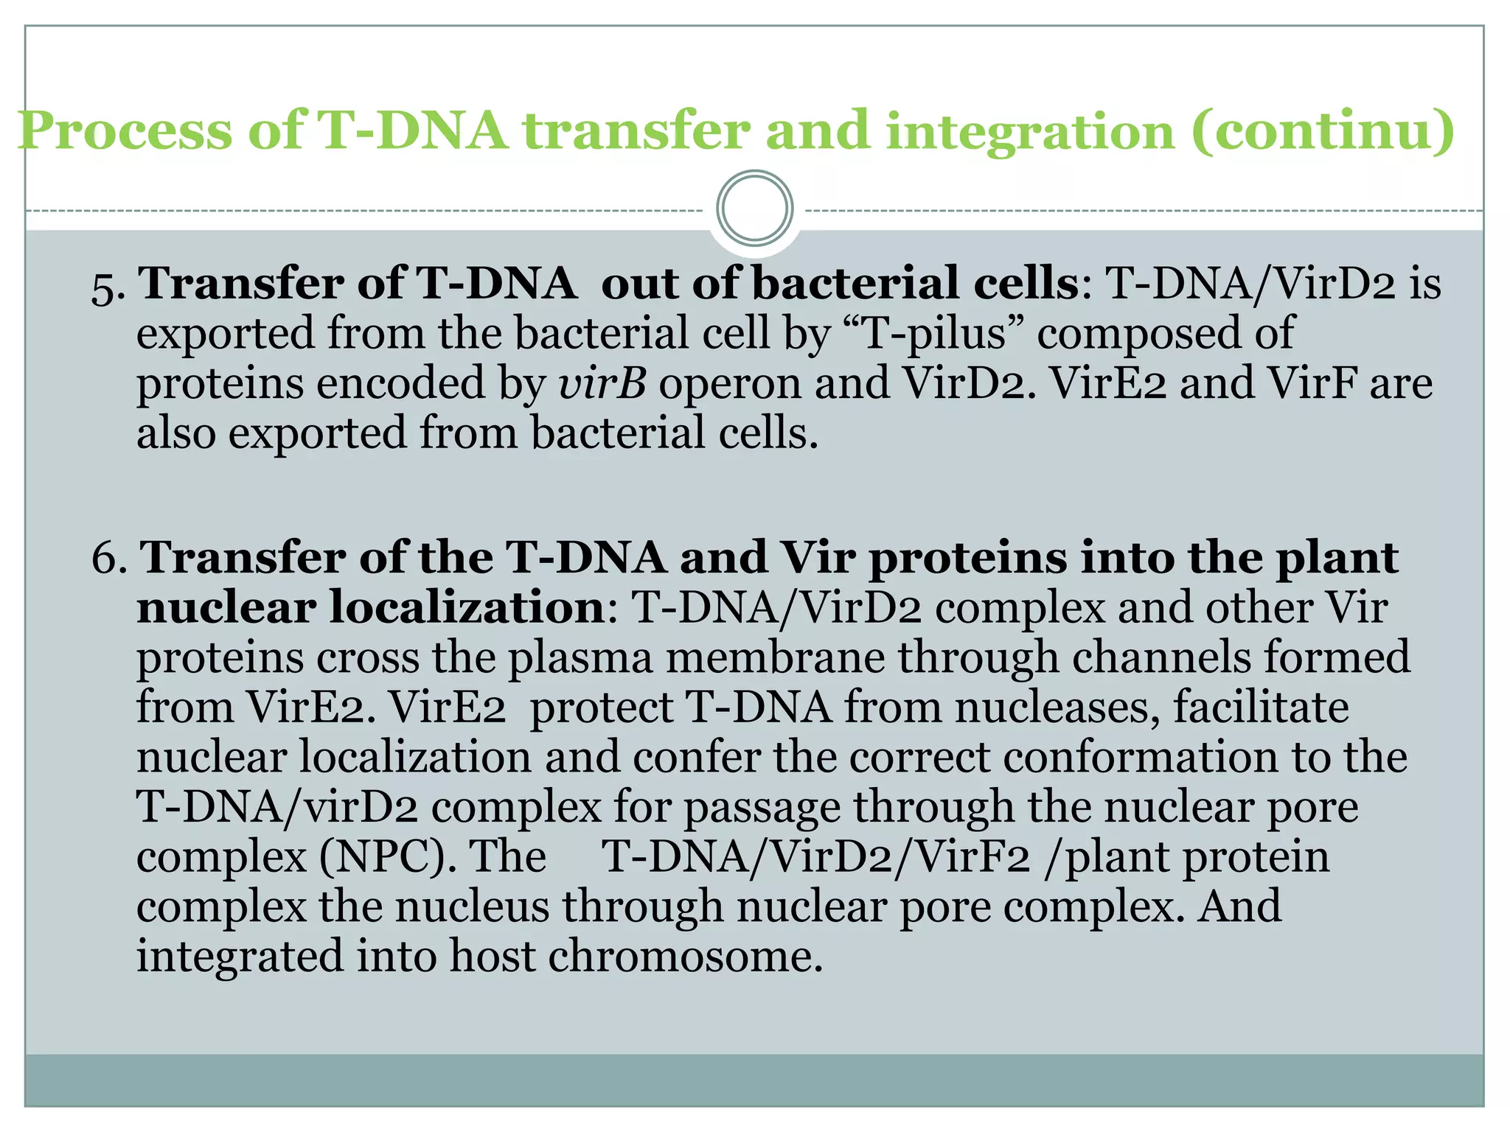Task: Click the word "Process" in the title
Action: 125,131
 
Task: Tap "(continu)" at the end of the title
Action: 1323,131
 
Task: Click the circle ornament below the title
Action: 754,208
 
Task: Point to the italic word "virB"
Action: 602,383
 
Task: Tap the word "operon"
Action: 729,383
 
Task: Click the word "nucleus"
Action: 472,906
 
